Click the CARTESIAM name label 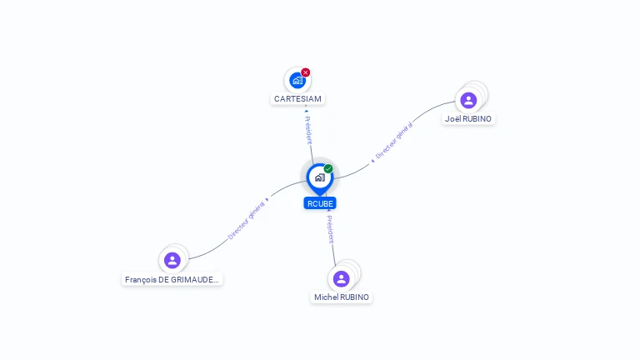297,99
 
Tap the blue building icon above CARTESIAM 297,80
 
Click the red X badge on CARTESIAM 305,72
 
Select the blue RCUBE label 320,203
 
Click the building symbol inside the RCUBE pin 320,177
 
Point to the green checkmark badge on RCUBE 328,168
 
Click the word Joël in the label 453,119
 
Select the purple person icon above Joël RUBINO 468,100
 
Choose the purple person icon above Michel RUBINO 341,279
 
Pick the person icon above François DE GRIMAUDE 172,260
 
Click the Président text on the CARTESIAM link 308,130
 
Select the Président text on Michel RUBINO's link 330,229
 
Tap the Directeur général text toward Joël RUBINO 394,140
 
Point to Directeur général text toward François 247,220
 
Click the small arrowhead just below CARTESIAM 307,111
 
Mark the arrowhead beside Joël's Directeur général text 372,161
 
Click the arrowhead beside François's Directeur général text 267,200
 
